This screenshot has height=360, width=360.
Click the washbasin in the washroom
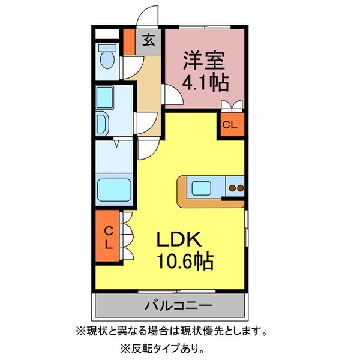coord(101,122)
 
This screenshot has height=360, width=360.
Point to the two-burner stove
coord(235,188)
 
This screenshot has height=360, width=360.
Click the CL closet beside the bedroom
coord(230,125)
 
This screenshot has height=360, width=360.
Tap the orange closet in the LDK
coord(107,237)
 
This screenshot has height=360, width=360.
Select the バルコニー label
coord(177,306)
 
